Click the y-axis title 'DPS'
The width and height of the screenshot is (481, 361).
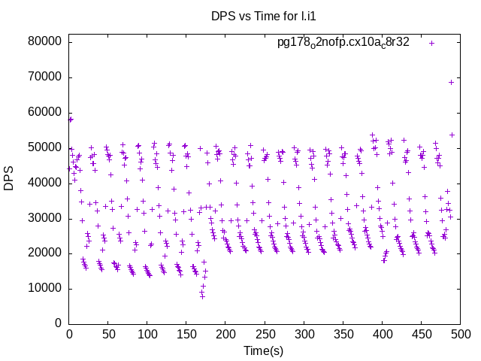(x=9, y=178)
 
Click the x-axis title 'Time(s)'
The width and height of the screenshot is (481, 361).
(x=263, y=351)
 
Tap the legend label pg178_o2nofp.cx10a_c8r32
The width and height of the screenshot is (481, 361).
(x=343, y=42)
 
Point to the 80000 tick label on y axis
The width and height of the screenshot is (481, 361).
(x=44, y=42)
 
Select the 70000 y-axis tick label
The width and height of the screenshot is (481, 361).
(x=44, y=77)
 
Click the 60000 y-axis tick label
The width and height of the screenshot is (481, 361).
(x=44, y=113)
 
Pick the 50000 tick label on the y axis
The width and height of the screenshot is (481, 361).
(x=44, y=148)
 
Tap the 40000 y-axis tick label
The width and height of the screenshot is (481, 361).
(x=44, y=183)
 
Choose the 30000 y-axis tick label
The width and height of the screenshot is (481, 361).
(x=44, y=218)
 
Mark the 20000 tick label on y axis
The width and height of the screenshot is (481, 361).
(x=44, y=253)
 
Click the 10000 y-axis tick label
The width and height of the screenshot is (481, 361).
(x=44, y=289)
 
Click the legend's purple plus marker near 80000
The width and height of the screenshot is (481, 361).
(x=432, y=43)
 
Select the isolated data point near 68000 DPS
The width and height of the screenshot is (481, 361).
(x=452, y=82)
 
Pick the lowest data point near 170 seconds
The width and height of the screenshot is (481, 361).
(x=202, y=297)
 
